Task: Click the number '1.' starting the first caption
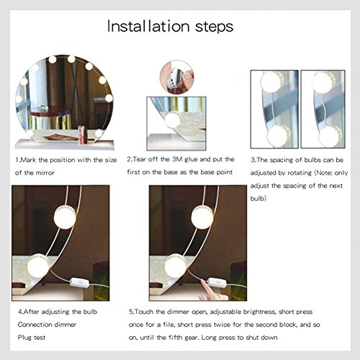(18, 158)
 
